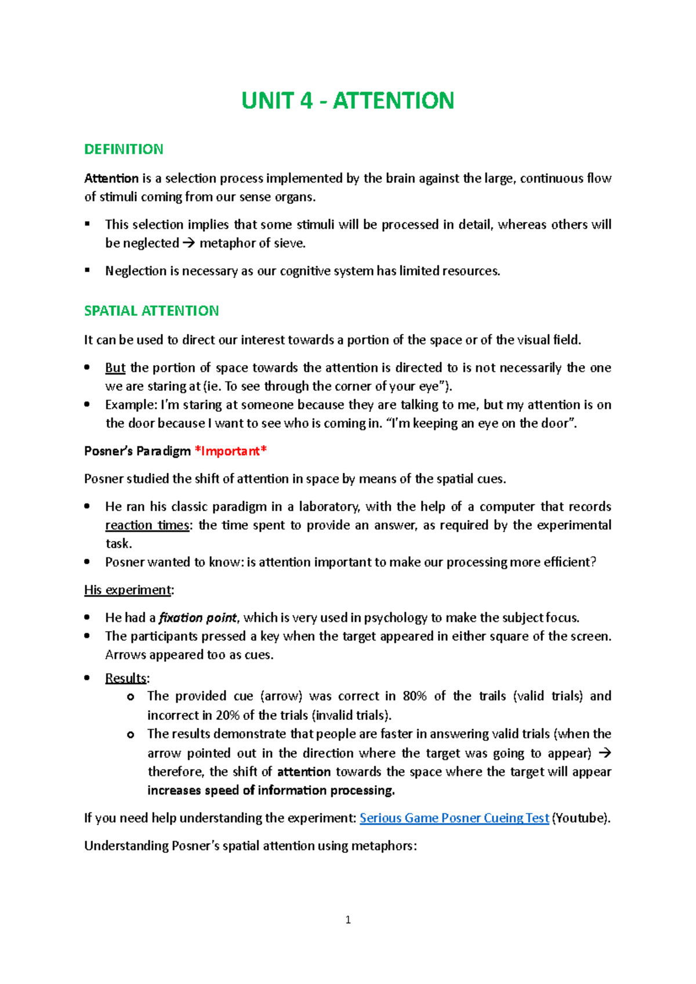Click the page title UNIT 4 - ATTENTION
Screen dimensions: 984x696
(x=347, y=101)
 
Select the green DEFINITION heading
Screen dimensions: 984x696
(x=124, y=150)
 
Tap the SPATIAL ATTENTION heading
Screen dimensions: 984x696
(x=151, y=311)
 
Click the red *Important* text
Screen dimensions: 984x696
(x=231, y=451)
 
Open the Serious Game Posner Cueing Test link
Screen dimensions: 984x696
(x=454, y=818)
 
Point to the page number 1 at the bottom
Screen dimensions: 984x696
(x=348, y=920)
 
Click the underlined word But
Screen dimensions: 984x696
(x=115, y=368)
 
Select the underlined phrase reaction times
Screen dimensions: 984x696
(x=147, y=526)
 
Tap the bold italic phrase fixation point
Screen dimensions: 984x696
(x=198, y=618)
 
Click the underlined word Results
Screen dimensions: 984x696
(x=126, y=678)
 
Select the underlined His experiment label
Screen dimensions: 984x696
(x=128, y=590)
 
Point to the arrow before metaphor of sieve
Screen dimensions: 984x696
(x=189, y=243)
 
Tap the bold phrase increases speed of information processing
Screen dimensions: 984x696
(x=271, y=790)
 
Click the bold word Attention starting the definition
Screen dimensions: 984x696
(x=111, y=178)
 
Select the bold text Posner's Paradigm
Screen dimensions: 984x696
(x=137, y=451)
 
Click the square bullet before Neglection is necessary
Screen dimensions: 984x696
(x=88, y=270)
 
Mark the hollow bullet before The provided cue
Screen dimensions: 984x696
(x=130, y=697)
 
